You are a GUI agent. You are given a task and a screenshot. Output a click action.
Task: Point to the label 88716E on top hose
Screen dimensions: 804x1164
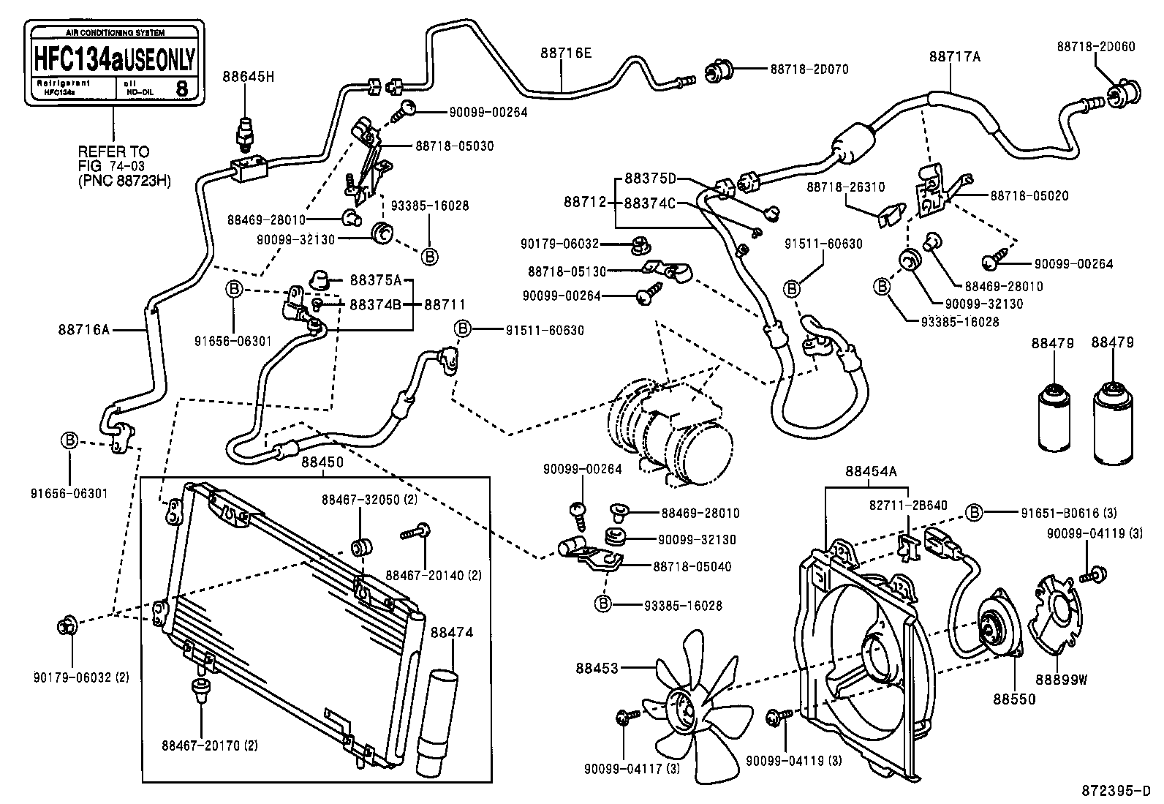point(565,53)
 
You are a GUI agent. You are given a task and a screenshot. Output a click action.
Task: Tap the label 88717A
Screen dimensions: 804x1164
point(954,56)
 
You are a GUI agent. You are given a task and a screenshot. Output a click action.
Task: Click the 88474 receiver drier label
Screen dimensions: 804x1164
point(451,632)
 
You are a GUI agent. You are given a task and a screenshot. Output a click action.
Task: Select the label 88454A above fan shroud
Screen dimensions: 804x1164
point(870,472)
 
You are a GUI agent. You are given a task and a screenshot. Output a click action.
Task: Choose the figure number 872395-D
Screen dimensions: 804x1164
point(1116,792)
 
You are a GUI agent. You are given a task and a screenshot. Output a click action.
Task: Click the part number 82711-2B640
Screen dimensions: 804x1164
point(908,505)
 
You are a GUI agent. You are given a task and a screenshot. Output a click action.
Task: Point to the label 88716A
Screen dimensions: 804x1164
point(83,330)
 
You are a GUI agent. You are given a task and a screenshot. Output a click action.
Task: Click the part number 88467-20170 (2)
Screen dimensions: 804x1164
point(210,745)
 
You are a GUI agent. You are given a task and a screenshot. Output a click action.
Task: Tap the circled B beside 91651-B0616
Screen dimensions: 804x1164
point(974,513)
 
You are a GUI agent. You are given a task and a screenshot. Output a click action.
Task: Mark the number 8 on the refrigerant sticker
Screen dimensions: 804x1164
point(182,89)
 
